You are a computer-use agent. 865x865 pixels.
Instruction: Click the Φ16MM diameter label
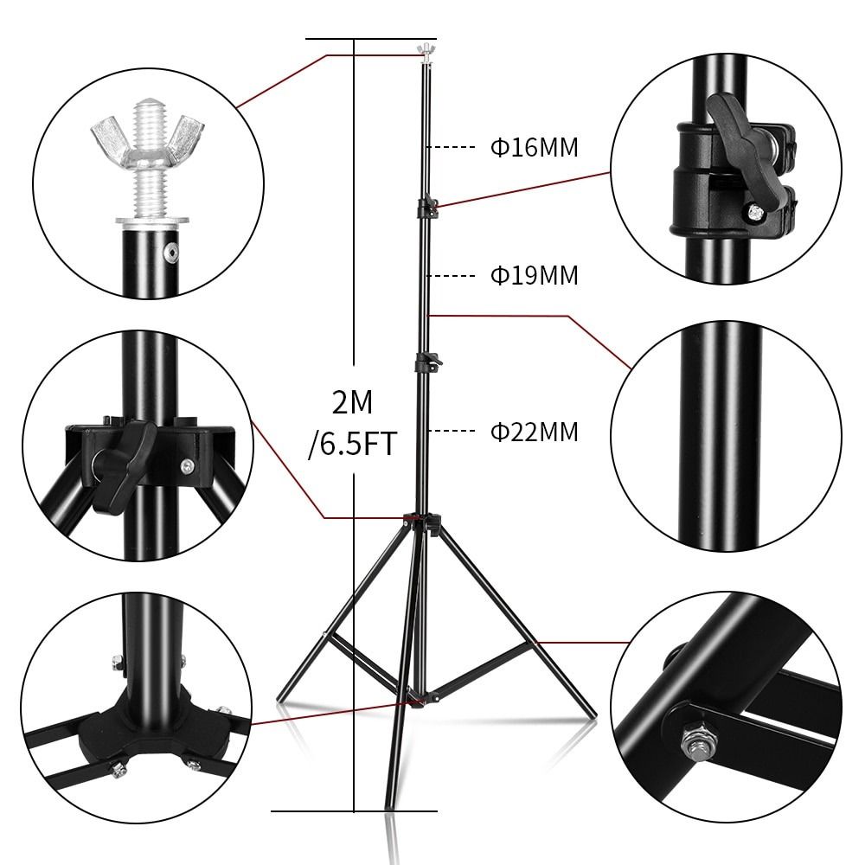(535, 147)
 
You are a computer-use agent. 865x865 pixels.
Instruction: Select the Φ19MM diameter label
(535, 276)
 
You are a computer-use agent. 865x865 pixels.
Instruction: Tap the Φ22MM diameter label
(535, 431)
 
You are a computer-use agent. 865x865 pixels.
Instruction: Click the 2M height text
(352, 402)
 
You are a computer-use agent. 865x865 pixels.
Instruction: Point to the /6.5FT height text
(352, 444)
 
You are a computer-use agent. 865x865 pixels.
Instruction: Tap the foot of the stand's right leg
(592, 714)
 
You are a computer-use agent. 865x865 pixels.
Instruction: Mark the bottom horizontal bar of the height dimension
(356, 811)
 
